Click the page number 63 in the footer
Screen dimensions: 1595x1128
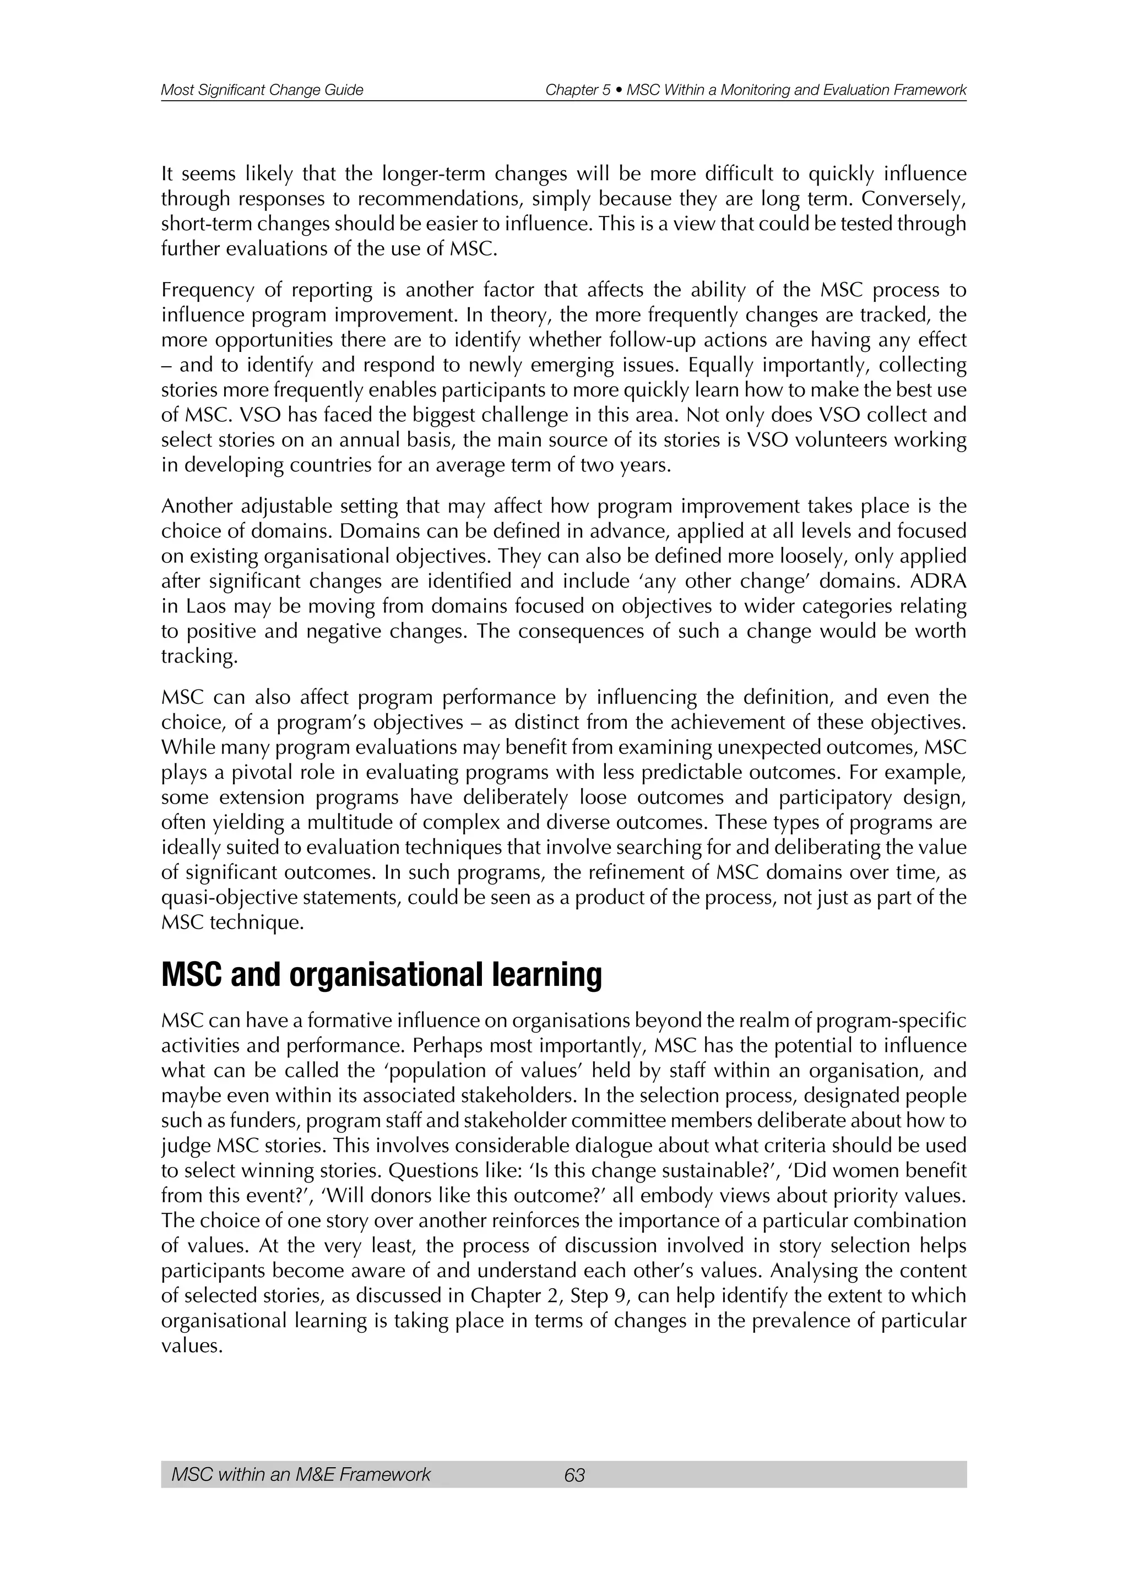[x=574, y=1475]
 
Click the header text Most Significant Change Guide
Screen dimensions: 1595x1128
[x=262, y=90]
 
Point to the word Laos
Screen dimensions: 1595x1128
[x=205, y=606]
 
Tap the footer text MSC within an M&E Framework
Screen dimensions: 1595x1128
[x=301, y=1475]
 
